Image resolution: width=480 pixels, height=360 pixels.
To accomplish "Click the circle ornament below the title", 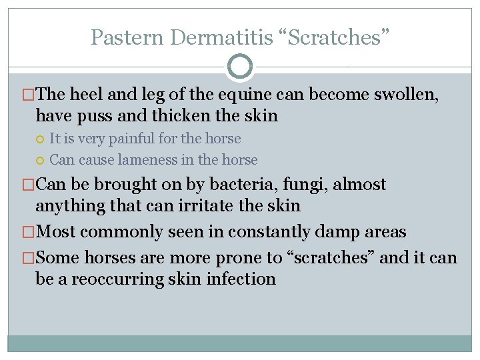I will click(240, 67).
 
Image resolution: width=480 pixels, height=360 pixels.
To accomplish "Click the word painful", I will click(131, 139).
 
